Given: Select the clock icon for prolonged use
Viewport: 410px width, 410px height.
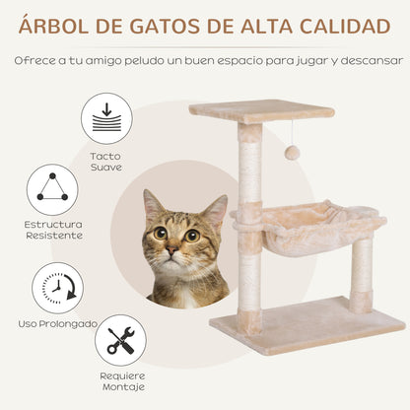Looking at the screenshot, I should click(x=57, y=288).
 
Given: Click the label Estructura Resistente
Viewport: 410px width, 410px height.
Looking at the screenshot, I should click(x=50, y=231).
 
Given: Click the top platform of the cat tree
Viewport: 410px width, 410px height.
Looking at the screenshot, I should click(x=247, y=110).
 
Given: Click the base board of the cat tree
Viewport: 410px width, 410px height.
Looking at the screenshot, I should click(x=305, y=325).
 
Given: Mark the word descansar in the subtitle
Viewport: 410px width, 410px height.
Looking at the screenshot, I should click(x=361, y=60).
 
